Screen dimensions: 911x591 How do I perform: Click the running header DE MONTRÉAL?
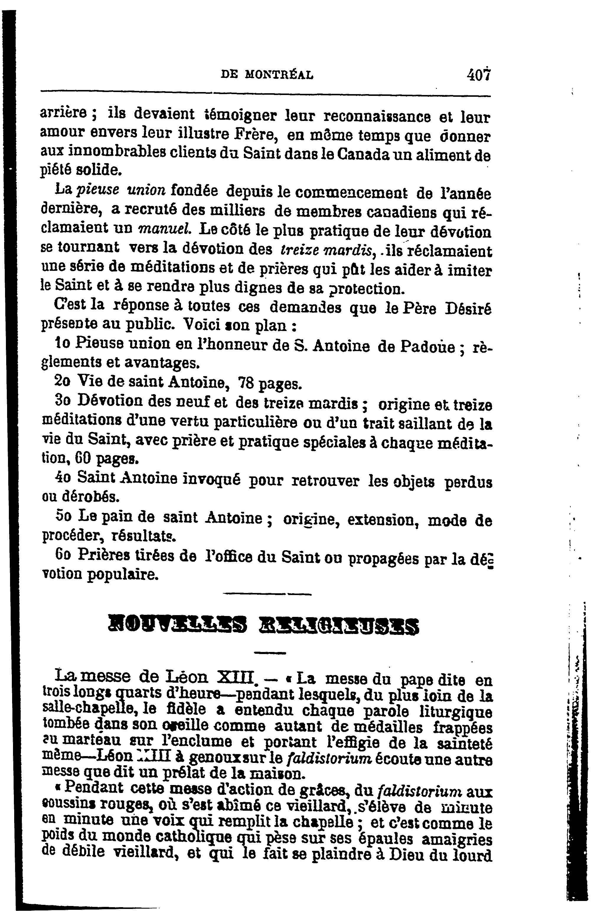pos(267,74)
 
